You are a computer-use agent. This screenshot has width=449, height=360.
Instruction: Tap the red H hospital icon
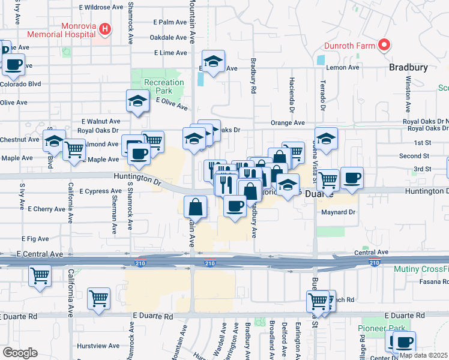click(x=105, y=28)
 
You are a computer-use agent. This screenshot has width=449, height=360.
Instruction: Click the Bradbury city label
click(x=408, y=67)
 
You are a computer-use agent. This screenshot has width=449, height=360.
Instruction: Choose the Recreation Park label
click(x=164, y=86)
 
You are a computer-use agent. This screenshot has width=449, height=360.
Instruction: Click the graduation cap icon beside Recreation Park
click(x=137, y=101)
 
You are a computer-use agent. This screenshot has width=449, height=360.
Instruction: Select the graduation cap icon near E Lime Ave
click(x=212, y=61)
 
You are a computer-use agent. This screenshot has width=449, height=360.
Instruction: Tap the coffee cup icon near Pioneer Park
click(x=404, y=341)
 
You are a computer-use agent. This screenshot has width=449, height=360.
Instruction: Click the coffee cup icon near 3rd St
click(x=352, y=178)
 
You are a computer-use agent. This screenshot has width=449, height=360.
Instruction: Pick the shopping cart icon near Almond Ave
click(x=74, y=149)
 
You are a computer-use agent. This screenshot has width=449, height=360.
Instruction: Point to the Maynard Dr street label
click(x=339, y=212)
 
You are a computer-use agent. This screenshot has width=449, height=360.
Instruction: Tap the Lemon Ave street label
click(x=343, y=68)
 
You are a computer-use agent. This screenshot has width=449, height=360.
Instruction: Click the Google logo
click(x=19, y=353)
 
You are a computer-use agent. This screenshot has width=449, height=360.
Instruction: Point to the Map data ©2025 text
click(x=423, y=355)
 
